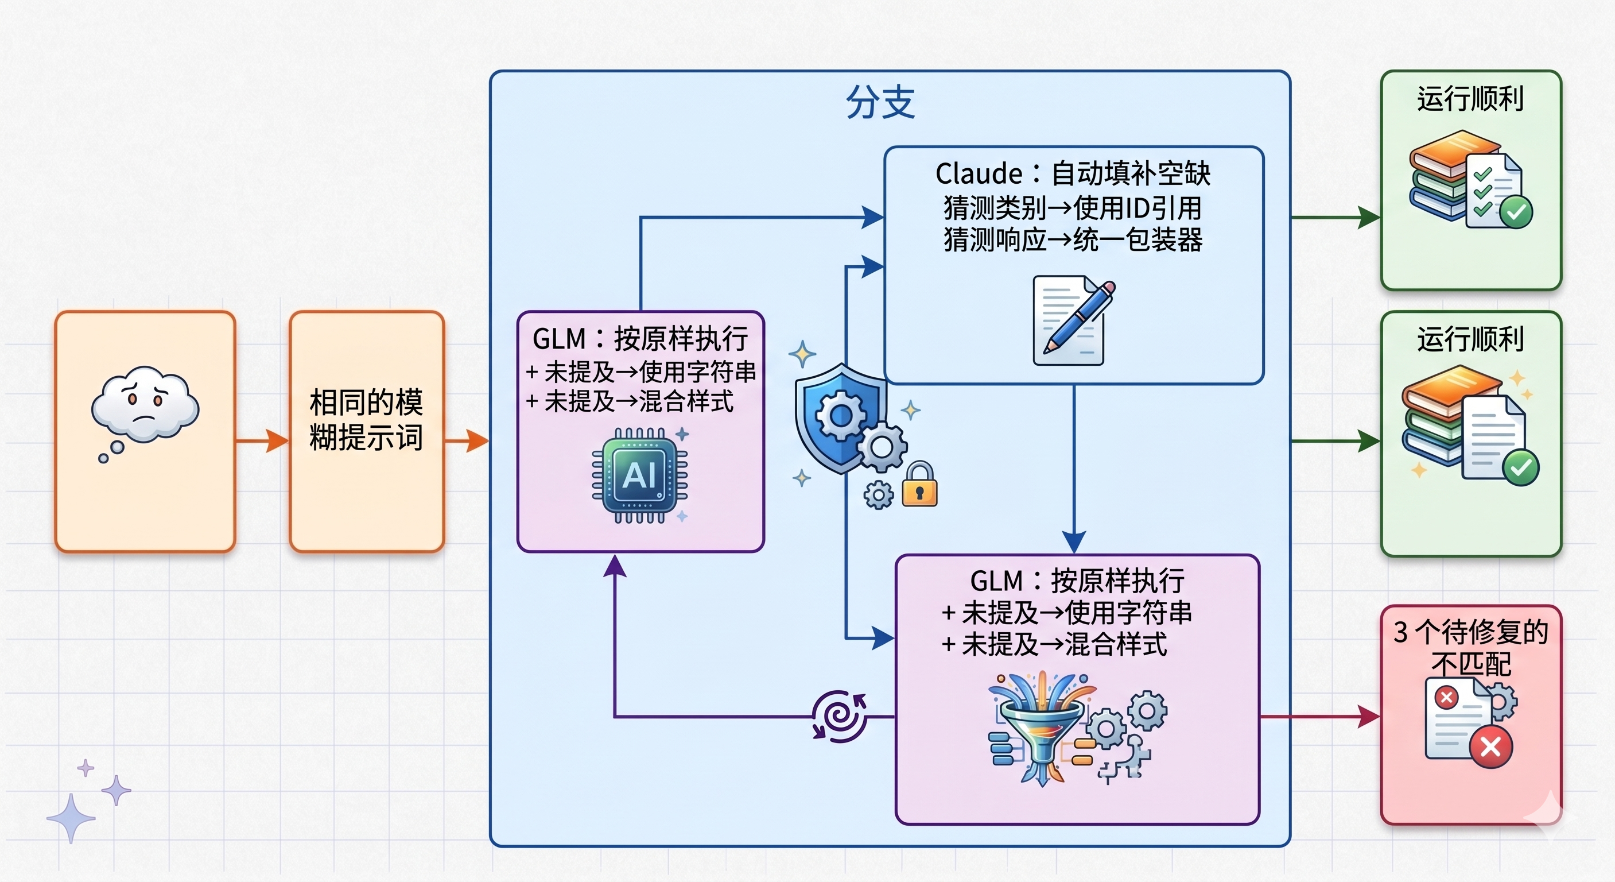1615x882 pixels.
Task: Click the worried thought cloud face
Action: [145, 405]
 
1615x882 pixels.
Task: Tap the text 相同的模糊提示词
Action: [366, 420]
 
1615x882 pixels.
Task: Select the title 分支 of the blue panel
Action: [880, 102]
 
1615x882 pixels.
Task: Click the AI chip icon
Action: [639, 475]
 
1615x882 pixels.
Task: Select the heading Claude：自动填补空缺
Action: [1073, 173]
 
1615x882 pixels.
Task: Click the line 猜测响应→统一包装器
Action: [1073, 239]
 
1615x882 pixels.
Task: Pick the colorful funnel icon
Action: [1041, 728]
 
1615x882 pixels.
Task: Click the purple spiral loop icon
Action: [840, 717]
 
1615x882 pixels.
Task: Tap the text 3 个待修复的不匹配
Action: [1471, 647]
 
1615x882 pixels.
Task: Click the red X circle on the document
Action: [1490, 746]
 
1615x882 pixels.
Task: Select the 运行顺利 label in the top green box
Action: [1470, 99]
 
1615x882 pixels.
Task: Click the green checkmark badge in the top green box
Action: [1516, 212]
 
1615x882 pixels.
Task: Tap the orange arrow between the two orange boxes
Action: [262, 441]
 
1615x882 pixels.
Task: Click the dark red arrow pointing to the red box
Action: [1319, 717]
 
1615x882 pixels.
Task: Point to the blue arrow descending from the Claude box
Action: [1074, 469]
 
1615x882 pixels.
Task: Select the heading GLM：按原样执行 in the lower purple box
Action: [1077, 581]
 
